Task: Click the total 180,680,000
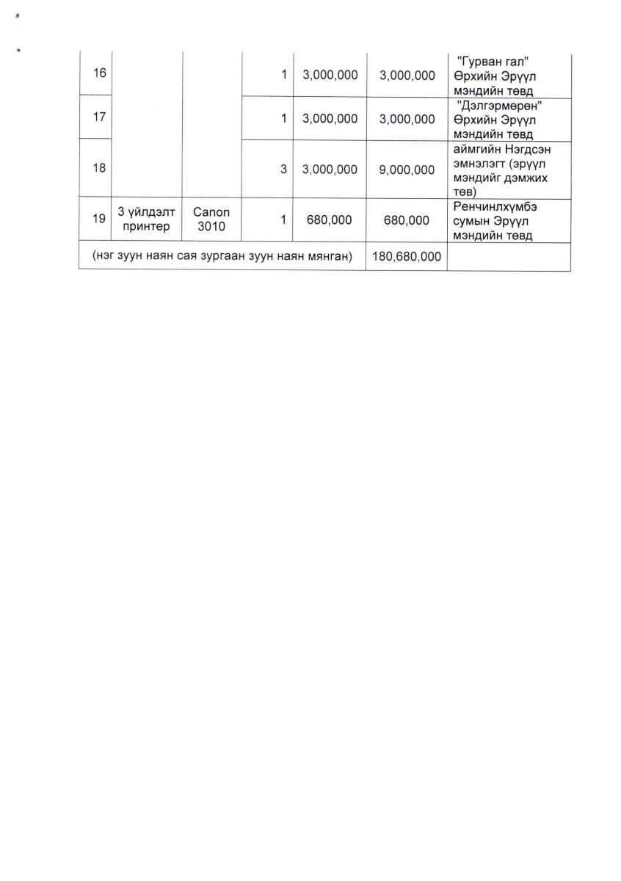[x=407, y=256]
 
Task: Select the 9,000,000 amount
[x=407, y=169]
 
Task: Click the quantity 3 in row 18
[x=283, y=169]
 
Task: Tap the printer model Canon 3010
[x=211, y=219]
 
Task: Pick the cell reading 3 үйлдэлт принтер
[x=147, y=219]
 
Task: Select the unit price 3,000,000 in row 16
[x=330, y=76]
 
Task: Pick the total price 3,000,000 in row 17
[x=407, y=118]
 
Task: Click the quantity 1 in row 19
[x=283, y=219]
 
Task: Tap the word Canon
[x=211, y=211]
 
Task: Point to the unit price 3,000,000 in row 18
[x=330, y=169]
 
